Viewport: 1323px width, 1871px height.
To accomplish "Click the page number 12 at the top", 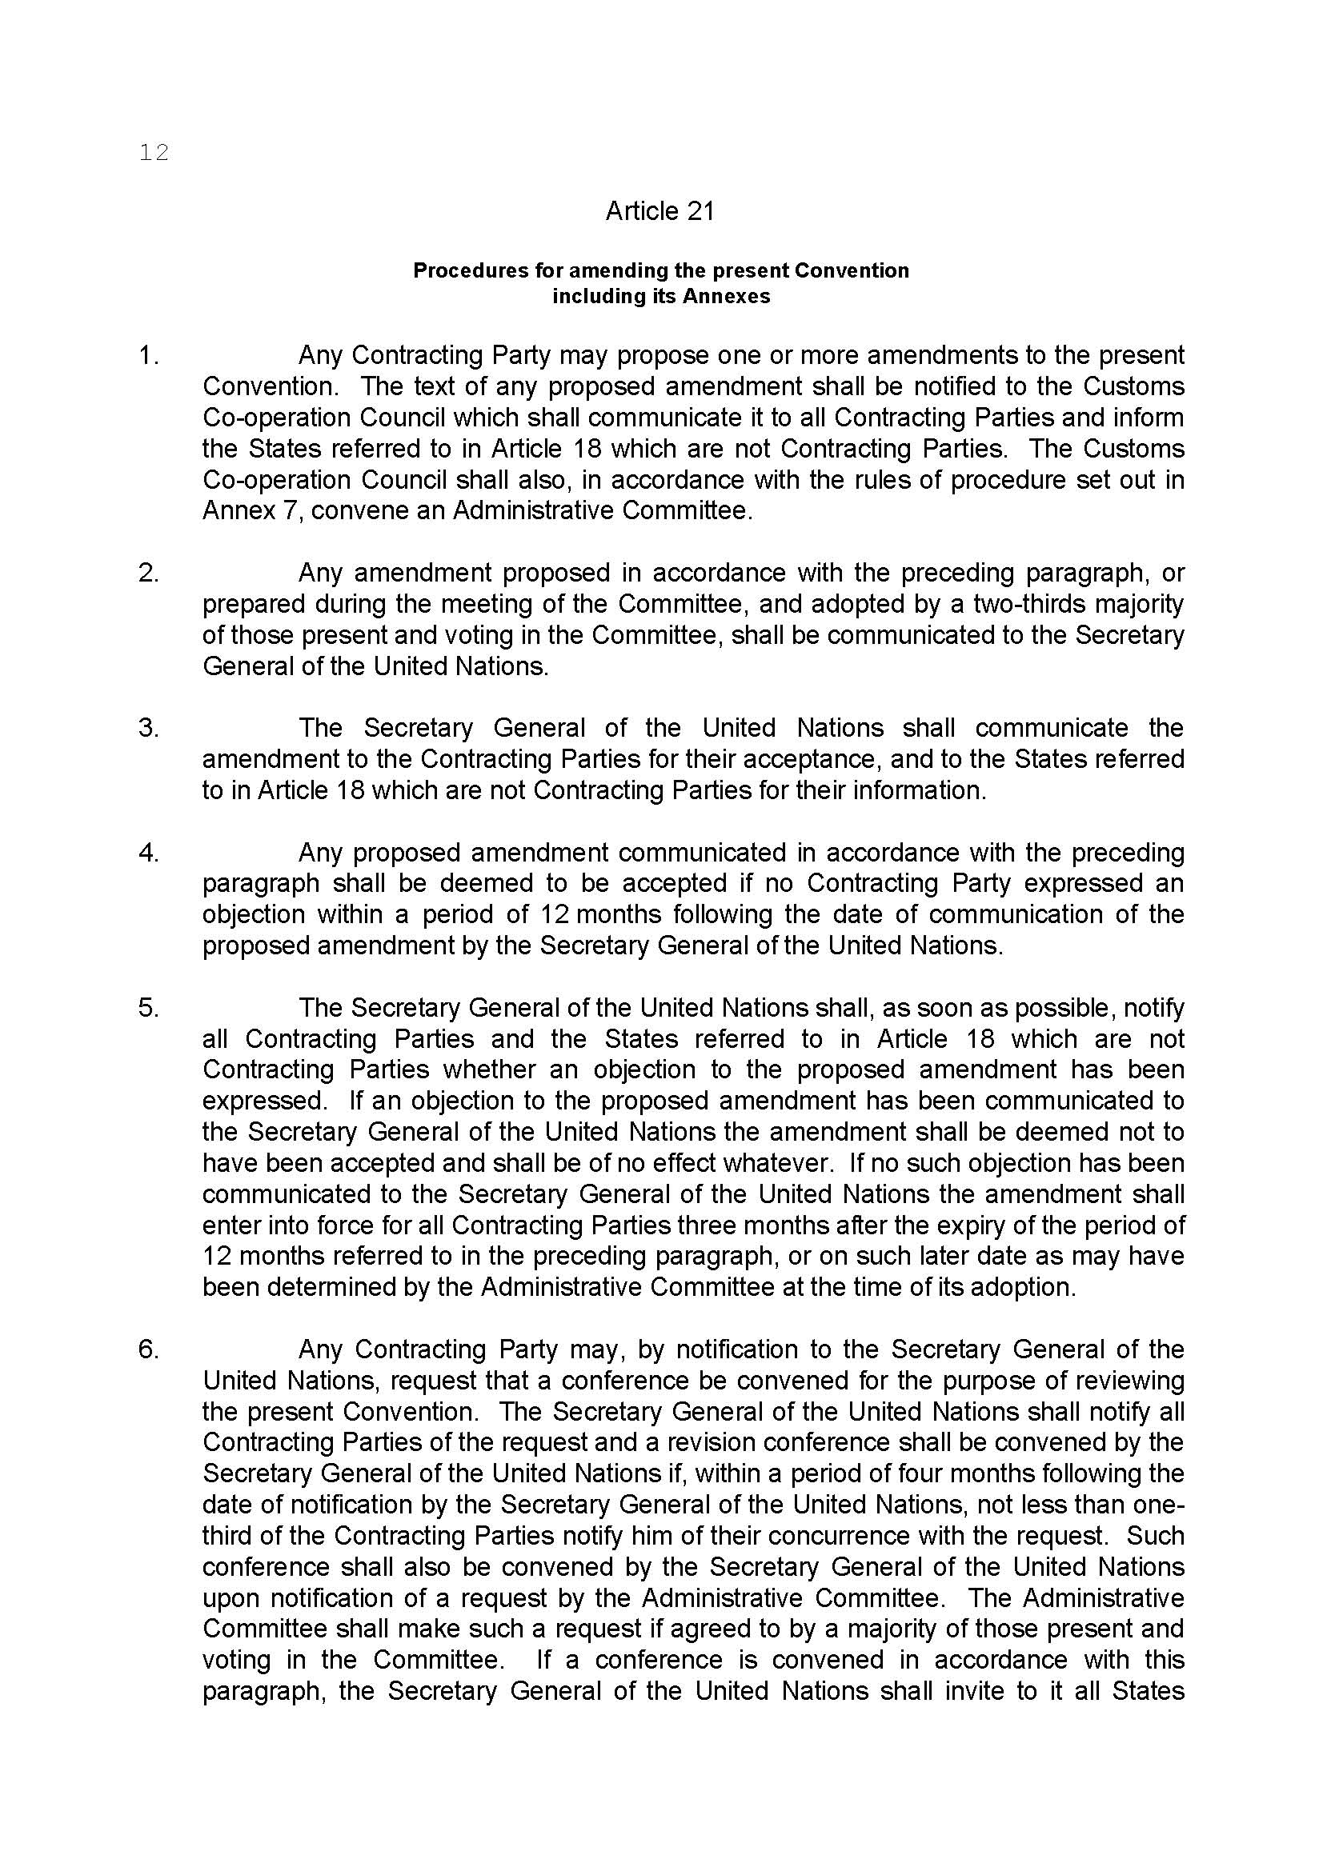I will point(154,153).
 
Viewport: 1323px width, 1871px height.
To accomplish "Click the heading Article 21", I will point(659,212).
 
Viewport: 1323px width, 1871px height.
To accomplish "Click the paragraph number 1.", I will point(148,355).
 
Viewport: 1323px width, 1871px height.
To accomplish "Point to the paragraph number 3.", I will point(148,728).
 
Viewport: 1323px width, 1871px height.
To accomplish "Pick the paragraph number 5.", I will point(148,1008).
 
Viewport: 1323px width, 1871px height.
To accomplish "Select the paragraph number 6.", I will point(148,1349).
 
